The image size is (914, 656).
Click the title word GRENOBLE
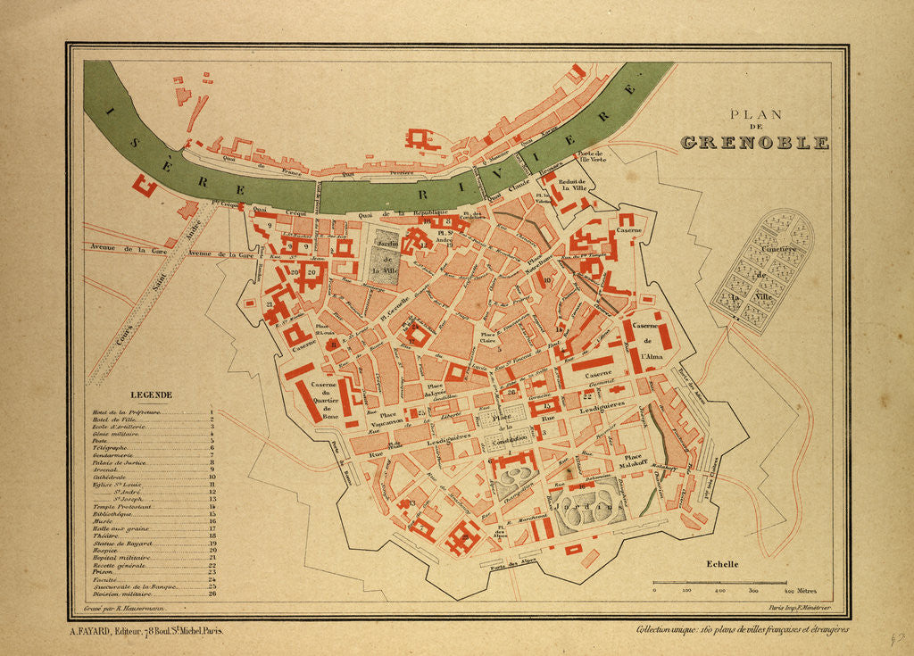(754, 142)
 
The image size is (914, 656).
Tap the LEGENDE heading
(151, 394)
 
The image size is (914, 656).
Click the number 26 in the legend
(212, 594)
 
